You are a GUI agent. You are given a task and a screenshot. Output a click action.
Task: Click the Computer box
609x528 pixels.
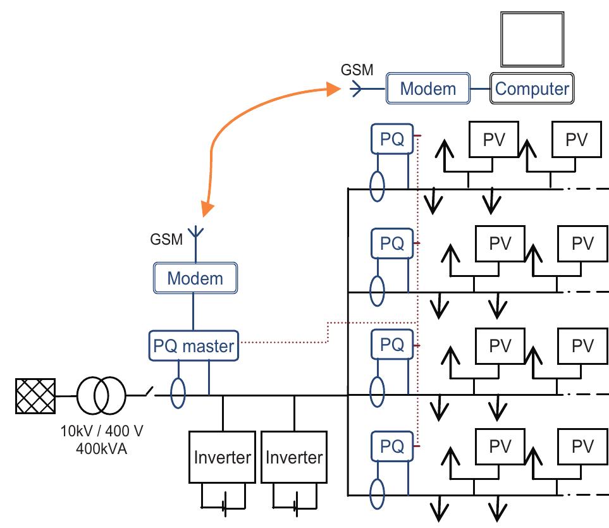(532, 89)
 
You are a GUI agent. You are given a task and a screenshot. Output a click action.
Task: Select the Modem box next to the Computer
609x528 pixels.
(429, 89)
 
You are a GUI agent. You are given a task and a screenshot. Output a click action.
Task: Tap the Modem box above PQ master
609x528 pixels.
(195, 278)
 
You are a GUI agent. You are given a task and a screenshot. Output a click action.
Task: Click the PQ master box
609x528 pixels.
(194, 346)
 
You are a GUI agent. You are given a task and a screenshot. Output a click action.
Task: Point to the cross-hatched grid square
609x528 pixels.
(35, 396)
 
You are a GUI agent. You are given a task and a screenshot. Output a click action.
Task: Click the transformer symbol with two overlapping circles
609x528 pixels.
(101, 396)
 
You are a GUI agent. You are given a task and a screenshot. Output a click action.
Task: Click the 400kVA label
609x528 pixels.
(101, 450)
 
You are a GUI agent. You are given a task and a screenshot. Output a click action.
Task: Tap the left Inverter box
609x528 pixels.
(222, 458)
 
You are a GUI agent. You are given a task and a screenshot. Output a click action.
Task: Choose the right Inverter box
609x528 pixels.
(293, 458)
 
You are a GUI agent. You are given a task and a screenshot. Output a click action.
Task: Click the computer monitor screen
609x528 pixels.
(532, 37)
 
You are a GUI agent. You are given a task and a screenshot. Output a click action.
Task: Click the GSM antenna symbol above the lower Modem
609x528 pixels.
(195, 236)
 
